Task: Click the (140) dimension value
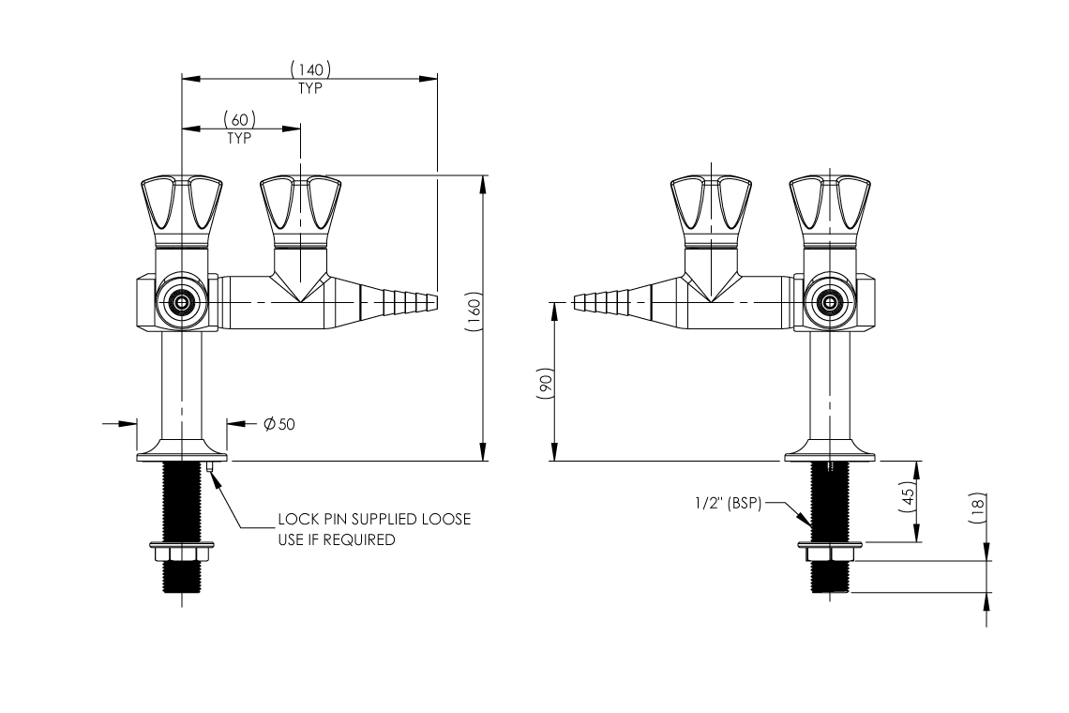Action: tap(310, 68)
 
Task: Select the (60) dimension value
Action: tap(240, 119)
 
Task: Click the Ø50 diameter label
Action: tap(279, 424)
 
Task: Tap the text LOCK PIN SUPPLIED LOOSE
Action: tap(374, 520)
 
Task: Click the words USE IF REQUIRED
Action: tap(337, 540)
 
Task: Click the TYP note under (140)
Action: tap(310, 88)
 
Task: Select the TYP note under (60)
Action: tap(240, 138)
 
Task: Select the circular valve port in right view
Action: tap(828, 302)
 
